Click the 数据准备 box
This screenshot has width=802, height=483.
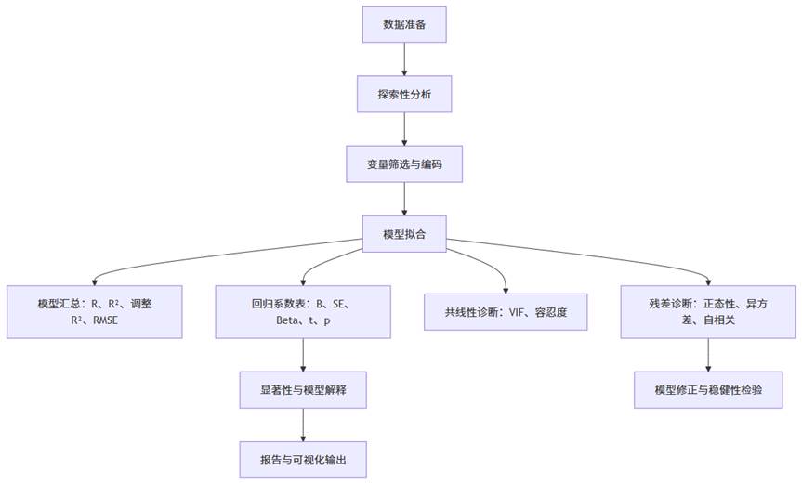[x=403, y=24]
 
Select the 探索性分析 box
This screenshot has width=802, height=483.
[x=403, y=94]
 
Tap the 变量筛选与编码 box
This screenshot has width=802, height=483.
[x=403, y=163]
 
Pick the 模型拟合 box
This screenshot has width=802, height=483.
[x=403, y=234]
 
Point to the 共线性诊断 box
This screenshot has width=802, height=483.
[x=506, y=312]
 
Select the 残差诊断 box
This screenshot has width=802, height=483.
[x=710, y=311]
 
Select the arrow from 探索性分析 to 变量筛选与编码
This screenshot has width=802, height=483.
[x=403, y=128]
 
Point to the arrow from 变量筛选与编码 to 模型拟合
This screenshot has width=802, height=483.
[x=403, y=198]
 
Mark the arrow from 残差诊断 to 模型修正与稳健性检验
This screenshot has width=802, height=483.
[x=710, y=354]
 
